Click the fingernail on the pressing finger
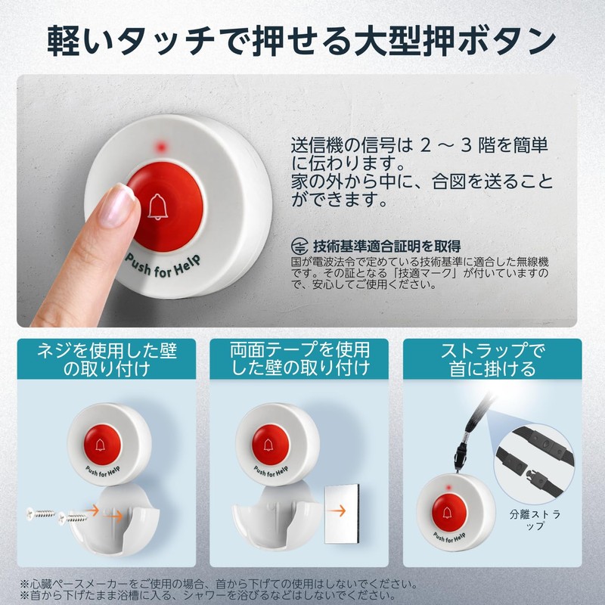[x=117, y=206]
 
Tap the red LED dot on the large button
[x=160, y=145]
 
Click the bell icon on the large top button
[x=157, y=206]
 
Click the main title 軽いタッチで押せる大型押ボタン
[x=302, y=39]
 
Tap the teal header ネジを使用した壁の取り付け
[x=105, y=359]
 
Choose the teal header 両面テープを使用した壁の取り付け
[x=299, y=359]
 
